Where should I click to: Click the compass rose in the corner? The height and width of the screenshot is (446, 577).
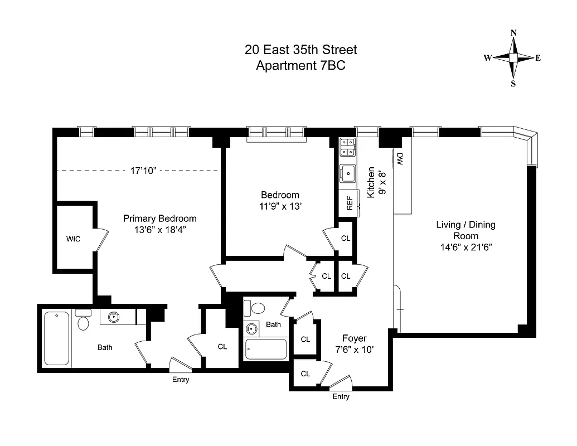click(513, 58)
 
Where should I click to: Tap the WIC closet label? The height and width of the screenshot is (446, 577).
click(73, 239)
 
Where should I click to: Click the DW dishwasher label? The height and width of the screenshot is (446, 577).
click(400, 160)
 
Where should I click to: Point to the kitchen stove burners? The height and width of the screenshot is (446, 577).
click(348, 147)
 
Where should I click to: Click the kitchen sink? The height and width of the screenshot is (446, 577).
click(348, 173)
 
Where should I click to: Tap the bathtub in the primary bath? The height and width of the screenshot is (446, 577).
click(56, 338)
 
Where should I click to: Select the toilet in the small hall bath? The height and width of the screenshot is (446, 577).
click(258, 308)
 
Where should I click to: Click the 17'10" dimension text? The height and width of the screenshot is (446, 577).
click(143, 171)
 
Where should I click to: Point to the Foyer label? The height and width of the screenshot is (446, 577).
click(354, 338)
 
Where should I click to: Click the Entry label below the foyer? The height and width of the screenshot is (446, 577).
click(341, 397)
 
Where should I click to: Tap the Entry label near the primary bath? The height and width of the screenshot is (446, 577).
click(181, 380)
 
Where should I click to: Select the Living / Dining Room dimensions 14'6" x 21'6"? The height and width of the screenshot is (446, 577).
click(466, 247)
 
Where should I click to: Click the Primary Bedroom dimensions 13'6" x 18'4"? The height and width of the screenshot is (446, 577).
click(159, 230)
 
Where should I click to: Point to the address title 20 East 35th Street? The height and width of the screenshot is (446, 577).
click(300, 50)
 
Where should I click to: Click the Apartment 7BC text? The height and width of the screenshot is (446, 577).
click(300, 66)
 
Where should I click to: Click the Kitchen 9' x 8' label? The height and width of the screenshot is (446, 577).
click(375, 182)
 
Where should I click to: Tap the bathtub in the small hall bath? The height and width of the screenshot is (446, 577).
click(265, 350)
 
